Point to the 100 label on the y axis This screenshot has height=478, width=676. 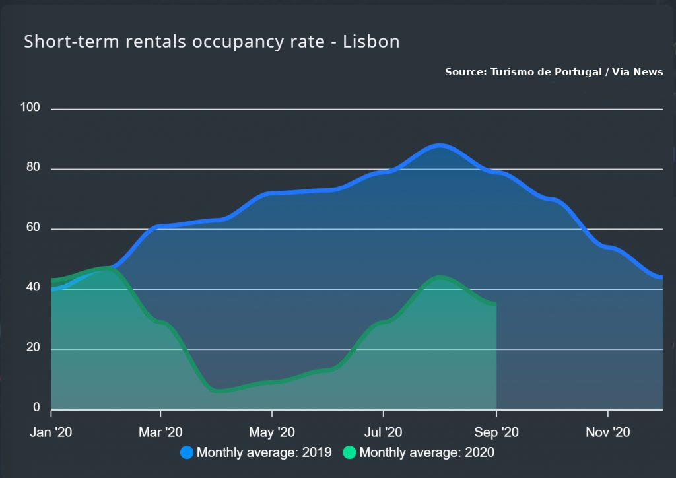coord(32,108)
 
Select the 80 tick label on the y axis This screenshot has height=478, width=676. coord(33,168)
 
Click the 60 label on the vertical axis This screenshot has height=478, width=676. coord(33,228)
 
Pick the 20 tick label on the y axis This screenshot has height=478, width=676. coord(33,348)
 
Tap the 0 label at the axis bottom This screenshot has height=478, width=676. coord(37,408)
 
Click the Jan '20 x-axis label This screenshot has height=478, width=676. coord(51,432)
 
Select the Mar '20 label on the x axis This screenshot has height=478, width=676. coord(160,432)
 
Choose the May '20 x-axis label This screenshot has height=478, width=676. coord(272,432)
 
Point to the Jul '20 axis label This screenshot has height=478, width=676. coord(384,432)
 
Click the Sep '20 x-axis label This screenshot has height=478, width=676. coord(496,432)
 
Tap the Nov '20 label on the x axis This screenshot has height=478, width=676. coord(608,432)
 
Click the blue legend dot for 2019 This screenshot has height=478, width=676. coord(187,452)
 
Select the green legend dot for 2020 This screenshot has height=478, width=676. coord(350,452)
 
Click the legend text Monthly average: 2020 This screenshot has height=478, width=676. coord(426,452)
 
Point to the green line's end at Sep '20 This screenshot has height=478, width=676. coord(496,304)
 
